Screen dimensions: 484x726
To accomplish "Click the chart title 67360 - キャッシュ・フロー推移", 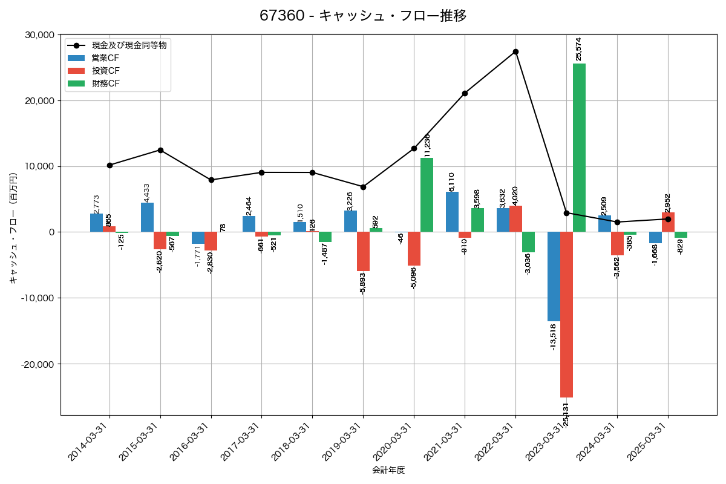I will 363,16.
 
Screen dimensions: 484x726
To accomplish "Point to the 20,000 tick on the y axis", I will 38,101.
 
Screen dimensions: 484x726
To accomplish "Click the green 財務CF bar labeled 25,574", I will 579,148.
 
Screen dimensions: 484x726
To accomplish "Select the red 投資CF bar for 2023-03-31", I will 566,315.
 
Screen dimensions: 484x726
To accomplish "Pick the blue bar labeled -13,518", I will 554,276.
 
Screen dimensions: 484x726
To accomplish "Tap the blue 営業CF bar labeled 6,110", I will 452,212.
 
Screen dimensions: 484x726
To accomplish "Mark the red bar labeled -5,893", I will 363,252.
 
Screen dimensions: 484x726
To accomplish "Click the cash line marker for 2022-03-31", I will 515,52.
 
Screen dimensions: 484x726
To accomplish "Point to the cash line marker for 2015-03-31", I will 160,150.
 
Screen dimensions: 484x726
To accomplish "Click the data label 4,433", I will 147,193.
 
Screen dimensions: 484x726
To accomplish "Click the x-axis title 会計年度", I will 388,470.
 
